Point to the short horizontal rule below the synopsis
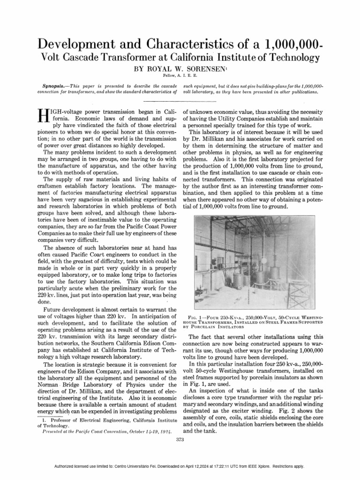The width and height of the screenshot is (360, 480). click(x=180, y=101)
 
